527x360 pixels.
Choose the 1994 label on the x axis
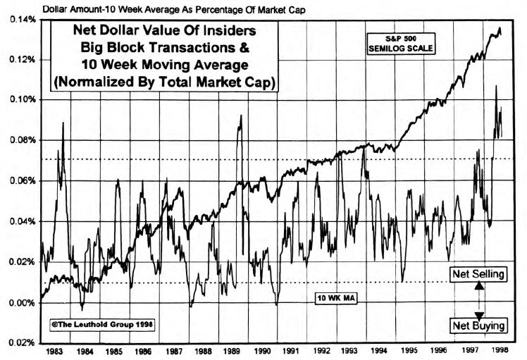tap(380, 351)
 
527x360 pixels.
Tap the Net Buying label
tap(479, 325)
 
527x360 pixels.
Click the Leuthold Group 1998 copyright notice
tap(102, 325)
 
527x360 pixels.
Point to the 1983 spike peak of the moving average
tap(63, 123)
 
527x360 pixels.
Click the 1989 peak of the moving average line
tap(241, 116)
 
